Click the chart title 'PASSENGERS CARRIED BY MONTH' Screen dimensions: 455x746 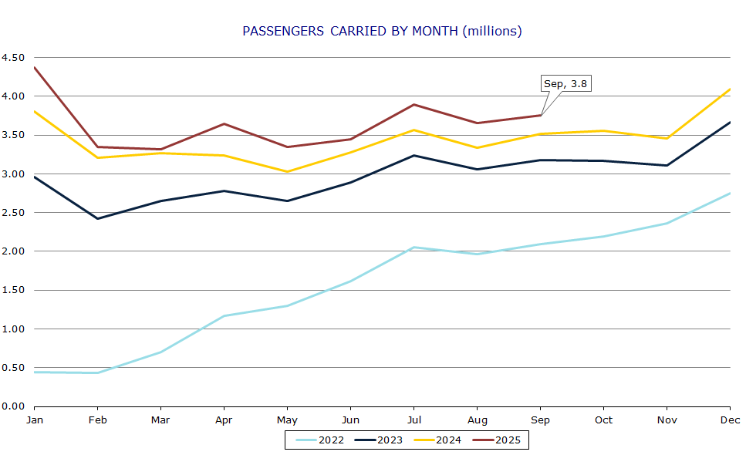coord(382,31)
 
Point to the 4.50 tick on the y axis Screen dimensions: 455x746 coord(13,58)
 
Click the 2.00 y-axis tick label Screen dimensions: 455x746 coord(13,251)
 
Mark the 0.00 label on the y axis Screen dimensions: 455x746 coord(13,406)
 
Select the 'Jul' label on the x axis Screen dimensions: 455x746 coord(414,420)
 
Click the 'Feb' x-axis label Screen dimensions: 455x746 coord(97,420)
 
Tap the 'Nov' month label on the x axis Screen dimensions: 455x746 coord(667,420)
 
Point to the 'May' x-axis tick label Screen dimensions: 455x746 coord(287,420)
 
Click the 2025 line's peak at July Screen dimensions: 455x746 coord(414,105)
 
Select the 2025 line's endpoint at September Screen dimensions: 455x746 coord(541,116)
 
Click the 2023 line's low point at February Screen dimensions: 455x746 coord(97,218)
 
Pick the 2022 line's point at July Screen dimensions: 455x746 coord(414,248)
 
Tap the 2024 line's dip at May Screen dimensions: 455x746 coord(287,171)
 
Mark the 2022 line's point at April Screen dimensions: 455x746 coord(224,315)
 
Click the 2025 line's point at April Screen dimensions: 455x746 coord(224,123)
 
